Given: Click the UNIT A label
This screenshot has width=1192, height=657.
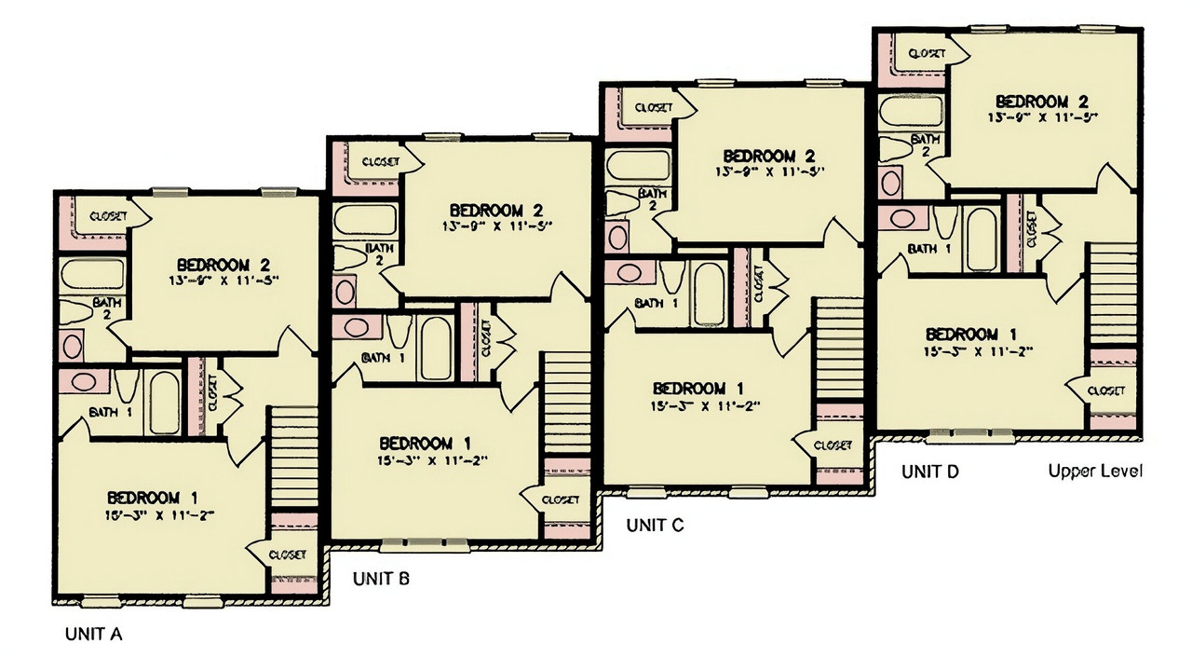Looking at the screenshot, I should tap(93, 635).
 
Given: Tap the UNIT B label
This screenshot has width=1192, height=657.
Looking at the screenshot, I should tap(381, 579).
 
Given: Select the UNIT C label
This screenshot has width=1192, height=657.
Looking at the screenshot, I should tap(655, 525).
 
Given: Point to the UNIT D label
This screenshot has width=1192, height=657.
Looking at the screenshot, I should tap(929, 472).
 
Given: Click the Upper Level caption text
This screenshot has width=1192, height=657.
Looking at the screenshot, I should tap(1095, 471).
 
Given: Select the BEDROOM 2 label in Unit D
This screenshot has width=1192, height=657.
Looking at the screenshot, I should tap(1042, 101).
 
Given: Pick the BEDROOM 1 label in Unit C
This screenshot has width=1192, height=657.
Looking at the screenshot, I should tap(699, 388).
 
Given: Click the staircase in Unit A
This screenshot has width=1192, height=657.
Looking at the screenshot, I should tap(293, 456).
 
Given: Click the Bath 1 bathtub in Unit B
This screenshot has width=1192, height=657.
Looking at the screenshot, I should tap(435, 347).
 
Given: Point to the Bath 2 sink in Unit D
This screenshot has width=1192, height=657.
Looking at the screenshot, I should tap(891, 181).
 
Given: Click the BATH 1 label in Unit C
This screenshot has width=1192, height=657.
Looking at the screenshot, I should tap(656, 303).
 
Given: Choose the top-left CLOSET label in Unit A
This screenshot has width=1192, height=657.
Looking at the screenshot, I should tap(108, 216).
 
